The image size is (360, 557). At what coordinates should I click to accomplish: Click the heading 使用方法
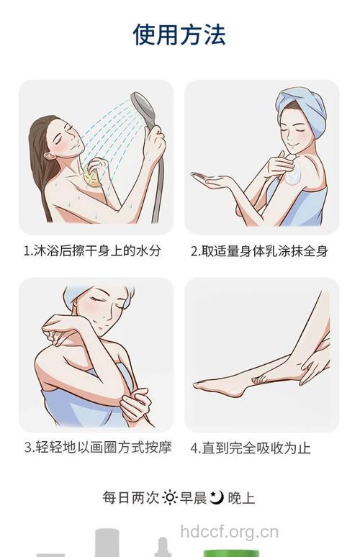point(179,35)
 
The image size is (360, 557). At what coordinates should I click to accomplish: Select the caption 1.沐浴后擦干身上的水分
point(92,251)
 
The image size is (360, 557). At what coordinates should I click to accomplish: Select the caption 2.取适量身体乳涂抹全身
point(259,251)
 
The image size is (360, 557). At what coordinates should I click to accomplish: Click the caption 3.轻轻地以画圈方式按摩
point(98,447)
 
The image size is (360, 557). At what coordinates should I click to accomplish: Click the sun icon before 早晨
point(170,498)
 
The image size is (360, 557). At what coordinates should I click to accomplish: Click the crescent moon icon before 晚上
point(217,497)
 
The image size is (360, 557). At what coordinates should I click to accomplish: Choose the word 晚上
point(241,498)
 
